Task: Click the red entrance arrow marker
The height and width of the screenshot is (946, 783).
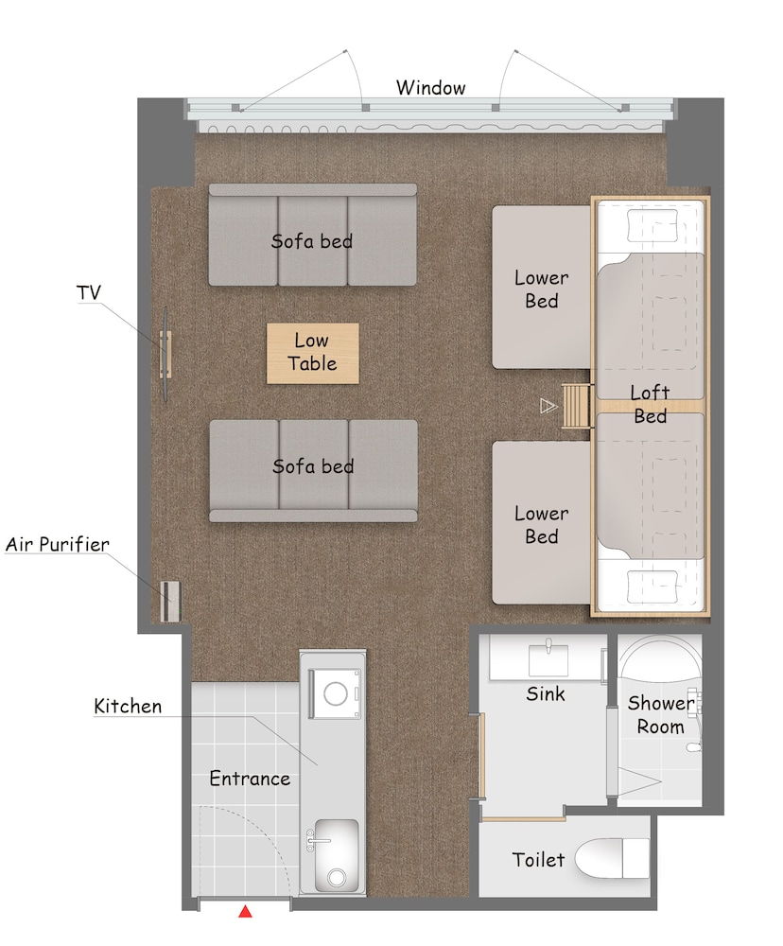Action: click(245, 911)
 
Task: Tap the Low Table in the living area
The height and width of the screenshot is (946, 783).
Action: click(312, 354)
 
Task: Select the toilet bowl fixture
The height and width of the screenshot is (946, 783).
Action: click(612, 858)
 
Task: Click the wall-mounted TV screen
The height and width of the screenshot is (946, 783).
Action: click(165, 354)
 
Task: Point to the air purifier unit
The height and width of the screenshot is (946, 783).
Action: click(171, 601)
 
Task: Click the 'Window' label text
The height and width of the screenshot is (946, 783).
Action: click(430, 88)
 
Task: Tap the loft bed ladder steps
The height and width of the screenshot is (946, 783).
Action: click(575, 406)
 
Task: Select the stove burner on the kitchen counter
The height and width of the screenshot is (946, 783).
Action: click(335, 693)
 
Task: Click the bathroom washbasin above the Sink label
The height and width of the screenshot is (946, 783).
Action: click(548, 659)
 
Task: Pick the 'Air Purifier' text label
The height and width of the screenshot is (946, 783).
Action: click(58, 544)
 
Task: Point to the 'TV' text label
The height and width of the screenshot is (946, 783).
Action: click(89, 293)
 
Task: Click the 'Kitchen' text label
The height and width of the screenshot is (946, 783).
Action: click(128, 706)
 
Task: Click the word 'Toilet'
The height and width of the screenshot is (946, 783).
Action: click(538, 859)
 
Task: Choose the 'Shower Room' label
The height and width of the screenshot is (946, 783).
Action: click(661, 714)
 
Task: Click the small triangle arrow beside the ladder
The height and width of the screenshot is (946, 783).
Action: click(548, 406)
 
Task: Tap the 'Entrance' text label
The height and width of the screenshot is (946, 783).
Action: click(250, 779)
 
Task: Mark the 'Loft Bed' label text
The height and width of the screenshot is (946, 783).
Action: click(650, 404)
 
